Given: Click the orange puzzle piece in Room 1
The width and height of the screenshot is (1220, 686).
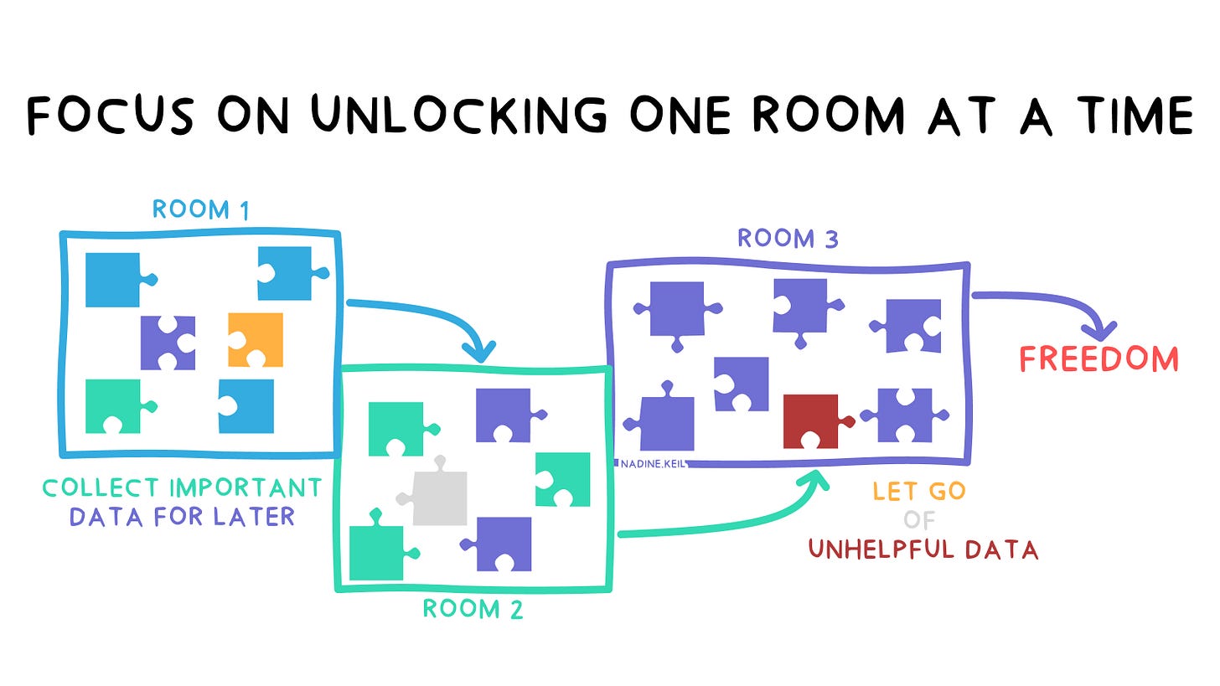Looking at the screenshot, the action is [x=256, y=340].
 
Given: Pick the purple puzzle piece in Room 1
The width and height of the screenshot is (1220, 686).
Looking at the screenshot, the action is [x=168, y=343].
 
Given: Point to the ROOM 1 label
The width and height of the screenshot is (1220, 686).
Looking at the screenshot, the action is [x=201, y=209].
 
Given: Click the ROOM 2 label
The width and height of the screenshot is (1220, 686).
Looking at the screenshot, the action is [x=473, y=609].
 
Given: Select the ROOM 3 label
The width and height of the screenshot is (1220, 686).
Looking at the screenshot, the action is [x=788, y=239].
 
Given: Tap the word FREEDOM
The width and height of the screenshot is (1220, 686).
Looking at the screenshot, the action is [x=1099, y=359].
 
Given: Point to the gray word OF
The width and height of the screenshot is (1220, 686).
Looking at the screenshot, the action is [x=919, y=520].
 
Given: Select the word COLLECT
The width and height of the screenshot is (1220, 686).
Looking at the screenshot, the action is [x=101, y=487].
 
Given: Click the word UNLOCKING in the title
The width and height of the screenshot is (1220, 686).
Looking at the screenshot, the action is [x=458, y=115].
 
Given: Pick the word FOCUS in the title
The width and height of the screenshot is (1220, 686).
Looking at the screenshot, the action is [x=111, y=115].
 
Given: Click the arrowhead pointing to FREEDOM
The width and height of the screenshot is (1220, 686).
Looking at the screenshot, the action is [x=1100, y=331].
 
